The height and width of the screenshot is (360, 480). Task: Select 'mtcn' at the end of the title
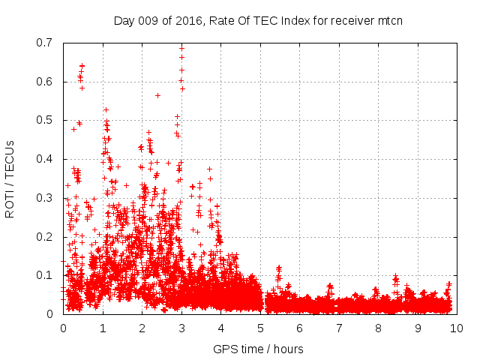point(389,20)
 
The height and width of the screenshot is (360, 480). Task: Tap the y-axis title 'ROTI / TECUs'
point(10,178)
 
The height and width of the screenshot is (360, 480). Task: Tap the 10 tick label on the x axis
point(457,328)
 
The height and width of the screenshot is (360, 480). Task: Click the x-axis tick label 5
point(259,328)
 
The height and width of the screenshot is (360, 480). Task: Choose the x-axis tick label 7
point(338,328)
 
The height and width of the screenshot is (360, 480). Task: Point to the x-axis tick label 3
point(181,328)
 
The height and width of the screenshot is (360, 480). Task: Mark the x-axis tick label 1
point(102,328)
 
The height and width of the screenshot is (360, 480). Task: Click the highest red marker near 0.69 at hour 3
point(181,48)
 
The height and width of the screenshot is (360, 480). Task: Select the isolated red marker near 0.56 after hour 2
point(157,95)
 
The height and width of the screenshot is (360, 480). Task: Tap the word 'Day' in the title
point(124,20)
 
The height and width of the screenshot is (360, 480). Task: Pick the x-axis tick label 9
point(417,328)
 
